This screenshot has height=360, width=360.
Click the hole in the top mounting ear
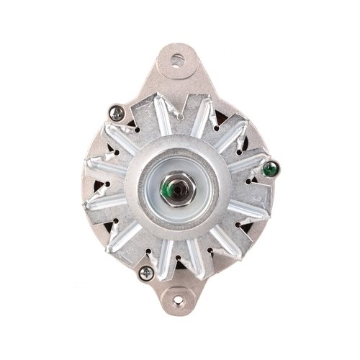tap(178, 60)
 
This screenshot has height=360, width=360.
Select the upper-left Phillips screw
tap(117, 112)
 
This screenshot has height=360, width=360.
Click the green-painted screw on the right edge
tap(271, 170)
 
